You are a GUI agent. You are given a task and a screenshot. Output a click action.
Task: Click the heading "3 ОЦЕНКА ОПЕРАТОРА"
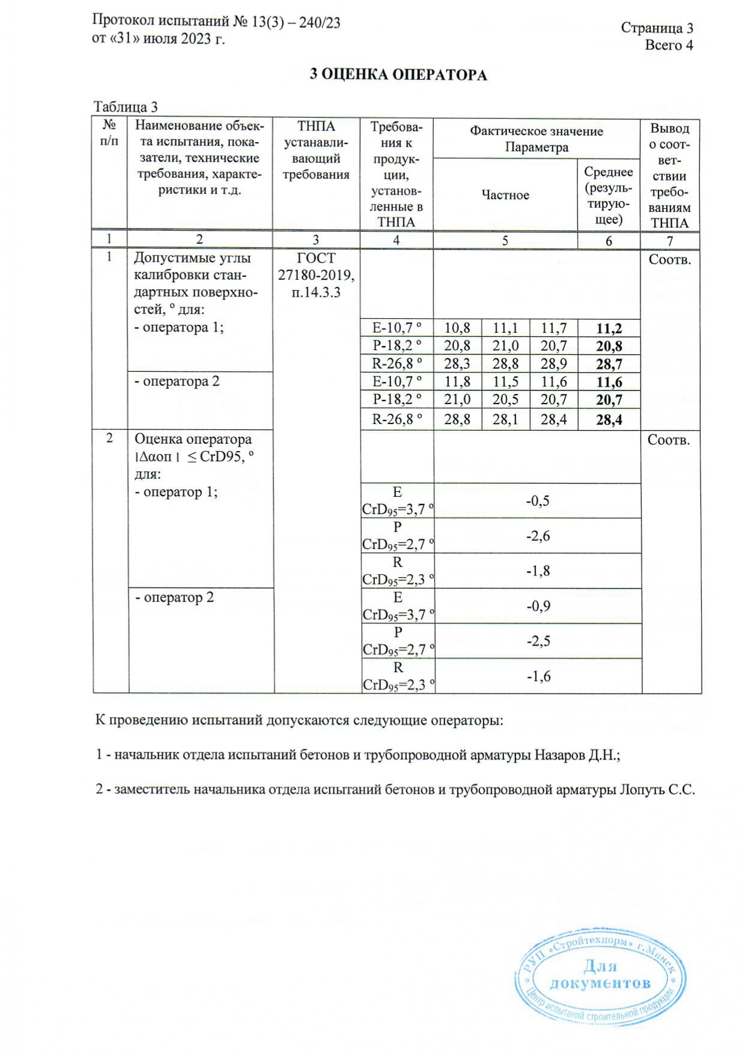click(x=398, y=75)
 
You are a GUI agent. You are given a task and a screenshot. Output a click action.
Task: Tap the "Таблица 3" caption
click(x=125, y=107)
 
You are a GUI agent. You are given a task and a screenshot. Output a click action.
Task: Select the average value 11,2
click(x=609, y=329)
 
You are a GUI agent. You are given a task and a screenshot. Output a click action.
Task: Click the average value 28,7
click(x=609, y=364)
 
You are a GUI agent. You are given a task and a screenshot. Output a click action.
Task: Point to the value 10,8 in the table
click(x=457, y=328)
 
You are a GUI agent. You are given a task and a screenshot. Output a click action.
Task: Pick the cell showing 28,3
click(x=457, y=363)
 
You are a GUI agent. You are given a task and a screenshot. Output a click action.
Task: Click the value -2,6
click(x=538, y=536)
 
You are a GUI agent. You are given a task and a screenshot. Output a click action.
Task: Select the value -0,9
click(x=538, y=606)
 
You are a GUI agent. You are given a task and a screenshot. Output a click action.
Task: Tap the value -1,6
click(x=538, y=676)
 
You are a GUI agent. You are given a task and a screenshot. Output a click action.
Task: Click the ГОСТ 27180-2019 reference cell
click(x=316, y=275)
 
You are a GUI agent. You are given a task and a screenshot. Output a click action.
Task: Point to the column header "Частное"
click(x=505, y=195)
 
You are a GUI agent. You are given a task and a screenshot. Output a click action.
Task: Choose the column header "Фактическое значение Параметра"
click(x=536, y=139)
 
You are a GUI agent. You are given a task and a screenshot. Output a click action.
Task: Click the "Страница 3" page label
click(x=657, y=28)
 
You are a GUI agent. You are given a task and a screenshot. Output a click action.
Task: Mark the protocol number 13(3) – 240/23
click(x=296, y=22)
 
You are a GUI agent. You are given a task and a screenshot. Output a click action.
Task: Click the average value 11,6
click(x=609, y=382)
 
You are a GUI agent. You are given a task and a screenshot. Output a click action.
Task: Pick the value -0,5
click(x=538, y=501)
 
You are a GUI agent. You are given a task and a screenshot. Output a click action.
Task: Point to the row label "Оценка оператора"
click(x=193, y=439)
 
